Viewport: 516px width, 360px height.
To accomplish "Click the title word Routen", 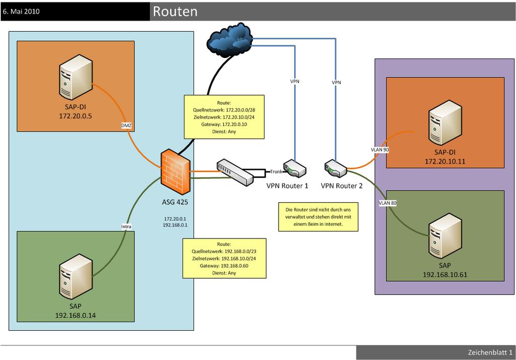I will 175,12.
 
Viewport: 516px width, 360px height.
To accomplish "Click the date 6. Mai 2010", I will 22,11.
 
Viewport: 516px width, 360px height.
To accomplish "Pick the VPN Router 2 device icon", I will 336,169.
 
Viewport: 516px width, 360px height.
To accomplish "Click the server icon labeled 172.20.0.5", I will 75,80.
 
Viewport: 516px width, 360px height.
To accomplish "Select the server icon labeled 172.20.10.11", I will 445,124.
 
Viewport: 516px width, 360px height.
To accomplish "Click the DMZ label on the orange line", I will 126,126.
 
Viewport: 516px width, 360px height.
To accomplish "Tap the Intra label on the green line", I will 126,226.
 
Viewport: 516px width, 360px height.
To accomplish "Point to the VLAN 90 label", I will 379,150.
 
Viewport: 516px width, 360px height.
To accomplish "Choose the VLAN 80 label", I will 388,203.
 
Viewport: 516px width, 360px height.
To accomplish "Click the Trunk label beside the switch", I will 276,171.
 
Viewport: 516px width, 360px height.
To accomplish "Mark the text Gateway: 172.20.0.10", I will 223,124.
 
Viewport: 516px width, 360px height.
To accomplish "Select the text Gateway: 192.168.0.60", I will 223,265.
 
